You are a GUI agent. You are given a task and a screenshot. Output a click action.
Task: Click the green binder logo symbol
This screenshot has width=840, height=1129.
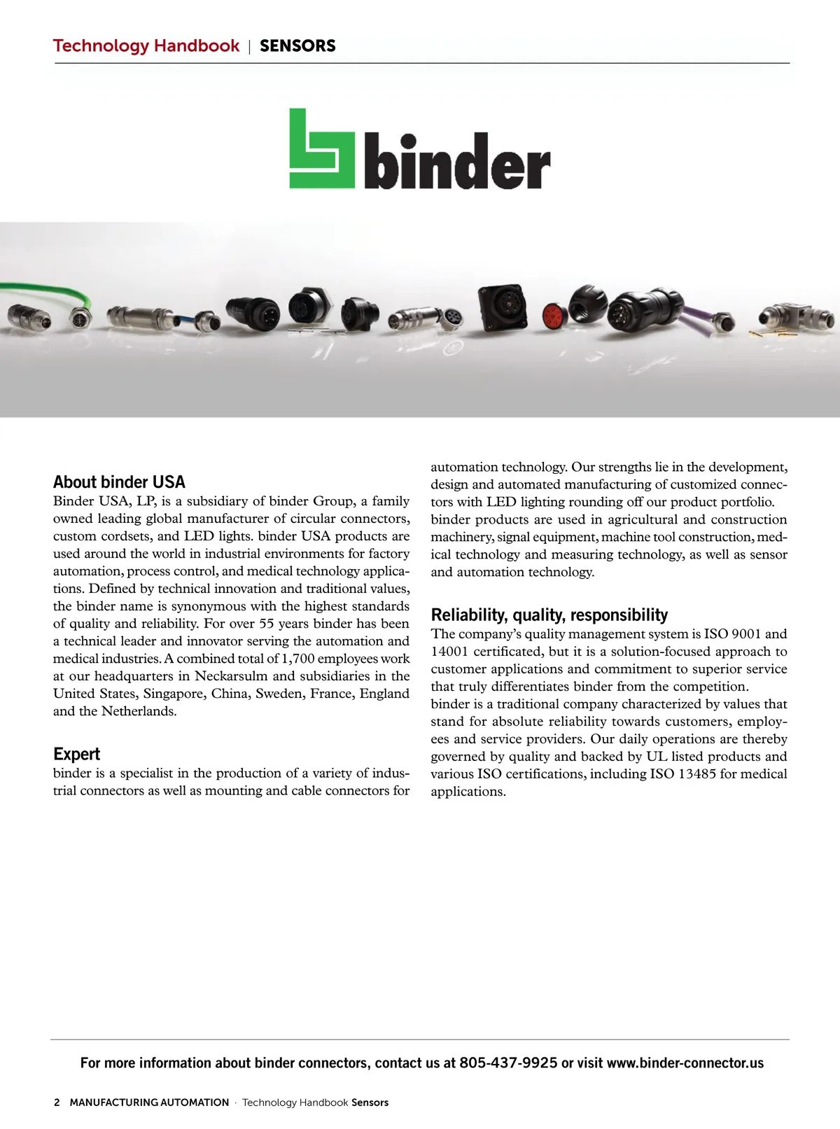coord(322,148)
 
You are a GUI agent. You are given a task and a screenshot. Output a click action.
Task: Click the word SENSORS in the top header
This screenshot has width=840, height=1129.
coord(297,46)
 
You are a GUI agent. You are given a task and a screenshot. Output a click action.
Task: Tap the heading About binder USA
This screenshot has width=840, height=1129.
coord(119,482)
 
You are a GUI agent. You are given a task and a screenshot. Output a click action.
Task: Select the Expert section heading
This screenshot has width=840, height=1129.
coord(76,754)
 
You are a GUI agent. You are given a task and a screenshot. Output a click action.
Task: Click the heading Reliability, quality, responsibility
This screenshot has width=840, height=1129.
coord(549,615)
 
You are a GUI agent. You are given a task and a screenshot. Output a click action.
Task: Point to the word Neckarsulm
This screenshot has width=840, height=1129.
coord(231,676)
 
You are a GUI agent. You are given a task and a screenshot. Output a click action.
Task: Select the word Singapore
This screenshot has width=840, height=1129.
coord(173,694)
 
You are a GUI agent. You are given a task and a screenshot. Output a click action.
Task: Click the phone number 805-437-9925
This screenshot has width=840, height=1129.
coord(508,1063)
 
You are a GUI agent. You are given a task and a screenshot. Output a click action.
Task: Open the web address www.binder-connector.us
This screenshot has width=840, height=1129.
coord(685,1063)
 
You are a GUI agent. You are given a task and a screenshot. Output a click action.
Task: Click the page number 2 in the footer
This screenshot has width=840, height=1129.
coord(57,1102)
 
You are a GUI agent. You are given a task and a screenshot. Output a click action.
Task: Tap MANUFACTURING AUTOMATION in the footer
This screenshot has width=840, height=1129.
coord(149,1102)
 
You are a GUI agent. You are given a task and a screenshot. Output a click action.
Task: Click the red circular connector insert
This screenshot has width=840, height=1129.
coord(554,317)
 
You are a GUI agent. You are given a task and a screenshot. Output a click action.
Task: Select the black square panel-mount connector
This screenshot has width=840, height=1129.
coord(502,307)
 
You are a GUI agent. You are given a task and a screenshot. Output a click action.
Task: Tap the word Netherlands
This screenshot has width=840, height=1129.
coord(138,711)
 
